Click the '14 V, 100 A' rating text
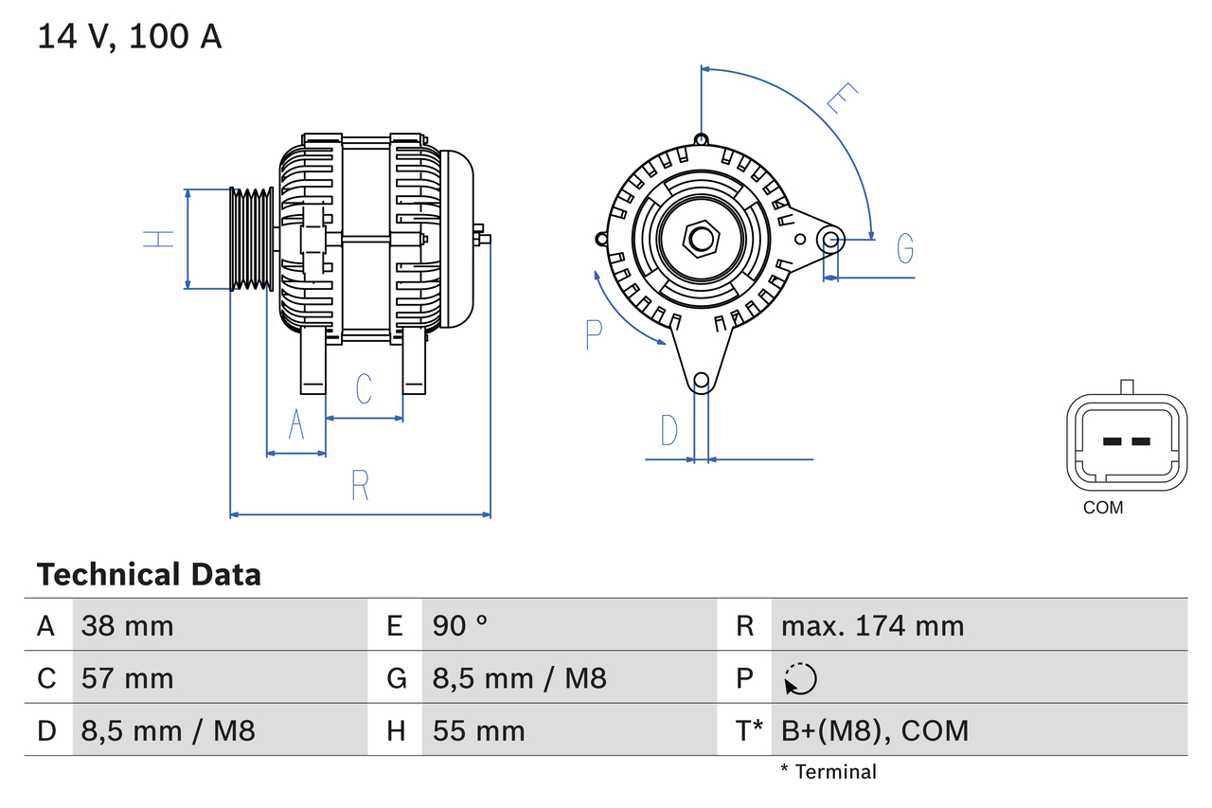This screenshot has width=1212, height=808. pos(130,36)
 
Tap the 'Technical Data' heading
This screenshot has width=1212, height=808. pos(149,574)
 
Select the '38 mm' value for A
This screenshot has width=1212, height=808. pos(127,625)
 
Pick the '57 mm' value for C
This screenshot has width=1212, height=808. pos(127,678)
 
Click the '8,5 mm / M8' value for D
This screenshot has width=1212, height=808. pos(168,730)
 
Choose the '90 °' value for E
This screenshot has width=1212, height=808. pos(460,625)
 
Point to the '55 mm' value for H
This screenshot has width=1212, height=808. pos(478,730)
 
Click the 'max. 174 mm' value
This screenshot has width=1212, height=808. pos(872,625)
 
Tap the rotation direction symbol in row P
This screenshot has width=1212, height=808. pos(800,678)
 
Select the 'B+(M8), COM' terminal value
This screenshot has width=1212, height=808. pos(874,730)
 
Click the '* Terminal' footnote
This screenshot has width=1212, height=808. pos(829,772)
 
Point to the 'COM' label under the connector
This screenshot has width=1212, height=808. pos(1103,508)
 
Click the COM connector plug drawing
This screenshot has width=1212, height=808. pos(1126,441)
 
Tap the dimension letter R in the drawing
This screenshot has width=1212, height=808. pos(360,486)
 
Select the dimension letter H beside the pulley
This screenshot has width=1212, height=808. pos(159,239)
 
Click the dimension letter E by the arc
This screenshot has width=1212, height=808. pos(842,99)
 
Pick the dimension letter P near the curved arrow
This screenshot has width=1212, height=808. pos(594,334)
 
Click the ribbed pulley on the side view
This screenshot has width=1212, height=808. pos(252,238)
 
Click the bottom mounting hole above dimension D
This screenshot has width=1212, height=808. pos(701,382)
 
